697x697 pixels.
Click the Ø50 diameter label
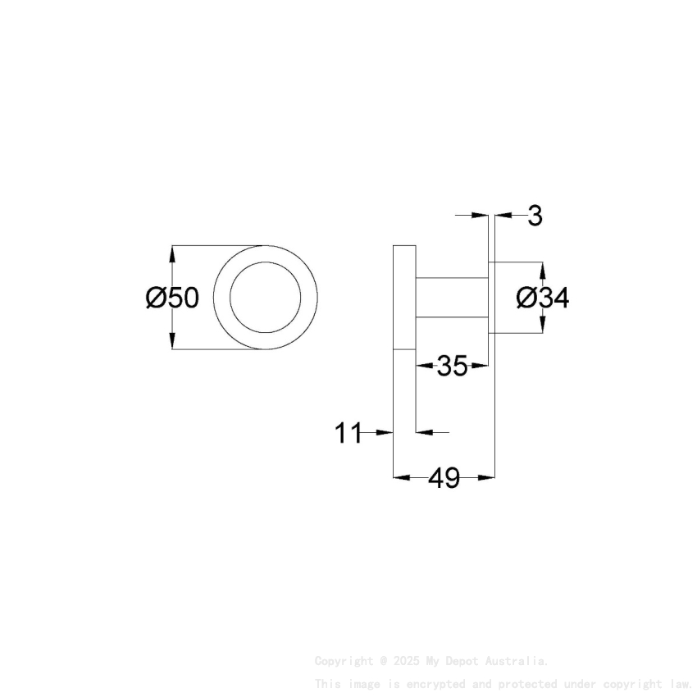coord(172,298)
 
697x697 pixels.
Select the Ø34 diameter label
coord(542,298)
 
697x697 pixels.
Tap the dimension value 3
coord(535,216)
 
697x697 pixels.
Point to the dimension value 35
coord(452,367)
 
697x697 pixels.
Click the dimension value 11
coord(348,432)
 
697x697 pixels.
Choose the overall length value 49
coord(444,477)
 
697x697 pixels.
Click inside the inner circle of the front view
coord(266,298)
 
